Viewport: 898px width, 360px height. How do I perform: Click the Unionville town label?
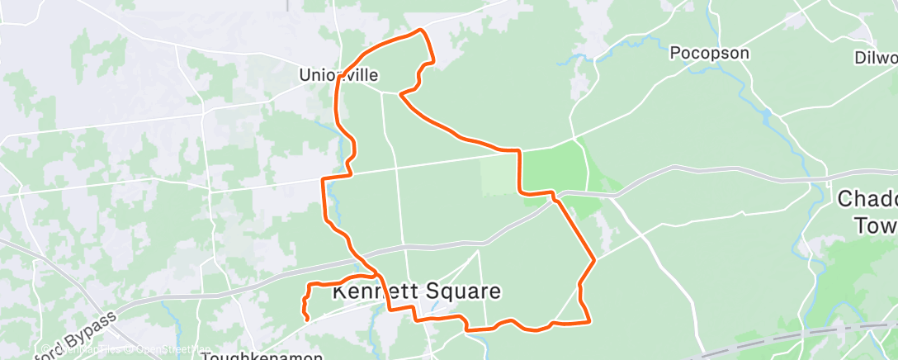pyautogui.click(x=338, y=76)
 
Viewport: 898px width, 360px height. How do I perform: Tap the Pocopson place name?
pyautogui.click(x=709, y=54)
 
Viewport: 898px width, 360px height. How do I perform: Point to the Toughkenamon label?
pyautogui.click(x=262, y=355)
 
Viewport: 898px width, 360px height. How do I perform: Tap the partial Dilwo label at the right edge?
pyautogui.click(x=877, y=58)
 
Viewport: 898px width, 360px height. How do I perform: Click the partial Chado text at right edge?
pyautogui.click(x=867, y=199)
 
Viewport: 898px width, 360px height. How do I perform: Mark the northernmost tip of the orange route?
pyautogui.click(x=423, y=31)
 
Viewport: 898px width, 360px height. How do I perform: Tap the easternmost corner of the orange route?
pyautogui.click(x=594, y=262)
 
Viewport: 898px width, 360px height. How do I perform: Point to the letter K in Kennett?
pyautogui.click(x=338, y=292)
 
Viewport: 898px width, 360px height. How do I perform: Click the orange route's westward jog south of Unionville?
pyautogui.click(x=324, y=178)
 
